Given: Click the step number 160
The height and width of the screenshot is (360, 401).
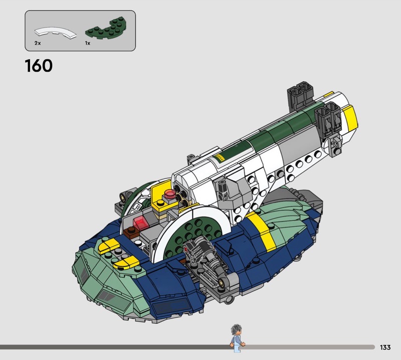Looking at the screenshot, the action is point(39,66).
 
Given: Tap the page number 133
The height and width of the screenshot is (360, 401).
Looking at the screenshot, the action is point(385,347).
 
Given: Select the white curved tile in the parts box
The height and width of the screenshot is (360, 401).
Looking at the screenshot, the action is point(55,33).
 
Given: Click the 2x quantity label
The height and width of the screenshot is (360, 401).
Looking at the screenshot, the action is point(38,43).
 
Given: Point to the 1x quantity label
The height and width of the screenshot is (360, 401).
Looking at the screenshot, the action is point(88,43).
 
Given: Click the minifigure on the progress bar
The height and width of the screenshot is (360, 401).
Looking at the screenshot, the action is point(237,338).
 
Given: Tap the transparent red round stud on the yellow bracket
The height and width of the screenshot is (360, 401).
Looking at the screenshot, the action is point(169,194).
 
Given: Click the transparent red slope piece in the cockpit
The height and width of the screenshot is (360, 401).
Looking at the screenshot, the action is point(140,222).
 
